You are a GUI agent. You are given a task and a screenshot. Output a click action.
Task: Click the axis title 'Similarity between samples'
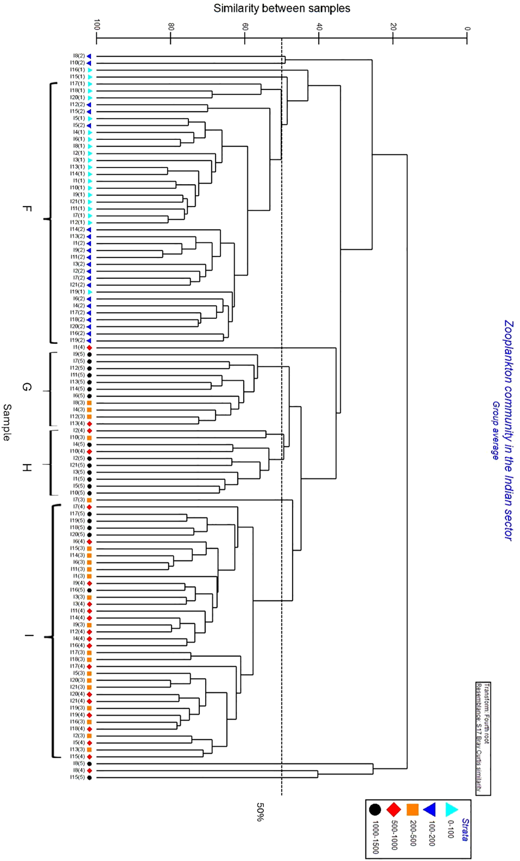282,8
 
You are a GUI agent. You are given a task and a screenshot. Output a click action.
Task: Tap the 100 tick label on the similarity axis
97,25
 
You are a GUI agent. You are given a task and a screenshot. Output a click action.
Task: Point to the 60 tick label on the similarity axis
245,26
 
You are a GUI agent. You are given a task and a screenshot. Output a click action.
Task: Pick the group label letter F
26,209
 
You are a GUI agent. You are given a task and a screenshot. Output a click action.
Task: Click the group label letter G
26,387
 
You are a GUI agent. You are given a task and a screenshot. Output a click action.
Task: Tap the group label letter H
26,467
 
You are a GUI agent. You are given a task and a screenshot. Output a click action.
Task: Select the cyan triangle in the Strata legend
451,810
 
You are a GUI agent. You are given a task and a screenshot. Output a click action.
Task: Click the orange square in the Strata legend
412,810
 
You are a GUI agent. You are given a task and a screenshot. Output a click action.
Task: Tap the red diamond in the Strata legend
394,810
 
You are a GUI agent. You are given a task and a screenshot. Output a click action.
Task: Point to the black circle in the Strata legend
375,810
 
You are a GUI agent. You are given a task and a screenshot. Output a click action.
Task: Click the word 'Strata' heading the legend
465,829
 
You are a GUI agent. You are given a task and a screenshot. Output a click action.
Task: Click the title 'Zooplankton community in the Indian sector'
509,430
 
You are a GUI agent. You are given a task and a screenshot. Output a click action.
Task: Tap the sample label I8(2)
79,56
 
